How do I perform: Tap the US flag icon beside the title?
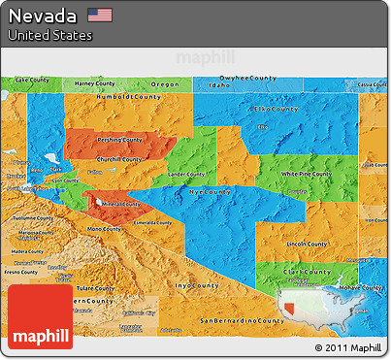pyautogui.click(x=99, y=15)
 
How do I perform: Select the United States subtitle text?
pyautogui.click(x=49, y=35)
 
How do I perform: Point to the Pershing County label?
pyautogui.click(x=119, y=140)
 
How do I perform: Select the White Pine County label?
pyautogui.click(x=302, y=174)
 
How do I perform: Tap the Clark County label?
pyautogui.click(x=303, y=271)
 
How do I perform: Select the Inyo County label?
pyautogui.click(x=196, y=286)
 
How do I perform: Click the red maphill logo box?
pyautogui.click(x=40, y=317)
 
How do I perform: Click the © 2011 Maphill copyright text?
pyautogui.click(x=348, y=347)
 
